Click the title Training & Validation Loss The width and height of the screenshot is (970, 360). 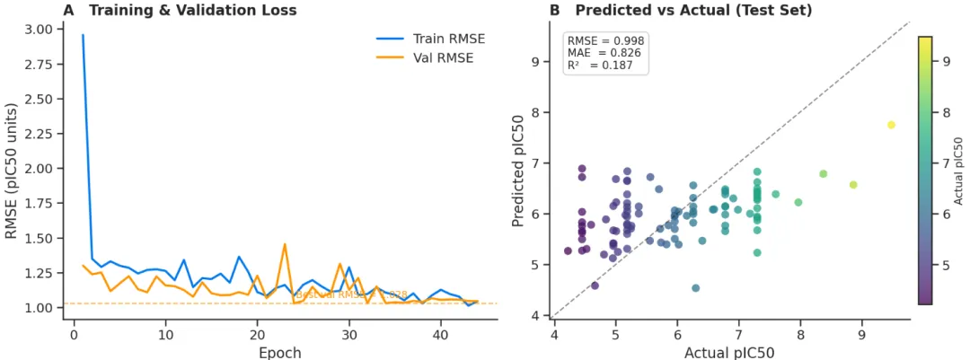click(192, 11)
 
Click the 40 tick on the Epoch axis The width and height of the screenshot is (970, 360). click(440, 334)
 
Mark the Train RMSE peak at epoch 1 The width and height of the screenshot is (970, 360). click(83, 35)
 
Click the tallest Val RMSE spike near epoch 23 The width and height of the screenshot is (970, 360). click(285, 244)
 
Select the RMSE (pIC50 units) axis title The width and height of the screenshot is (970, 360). click(12, 171)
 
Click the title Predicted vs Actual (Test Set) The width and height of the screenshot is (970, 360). click(693, 11)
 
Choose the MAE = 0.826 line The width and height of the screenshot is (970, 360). click(604, 54)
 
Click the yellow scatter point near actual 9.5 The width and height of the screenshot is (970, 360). click(891, 125)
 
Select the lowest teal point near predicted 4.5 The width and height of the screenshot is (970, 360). click(695, 288)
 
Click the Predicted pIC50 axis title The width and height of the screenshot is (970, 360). click(519, 171)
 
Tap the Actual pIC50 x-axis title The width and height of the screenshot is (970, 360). click(729, 352)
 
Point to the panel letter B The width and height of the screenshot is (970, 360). click(554, 11)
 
